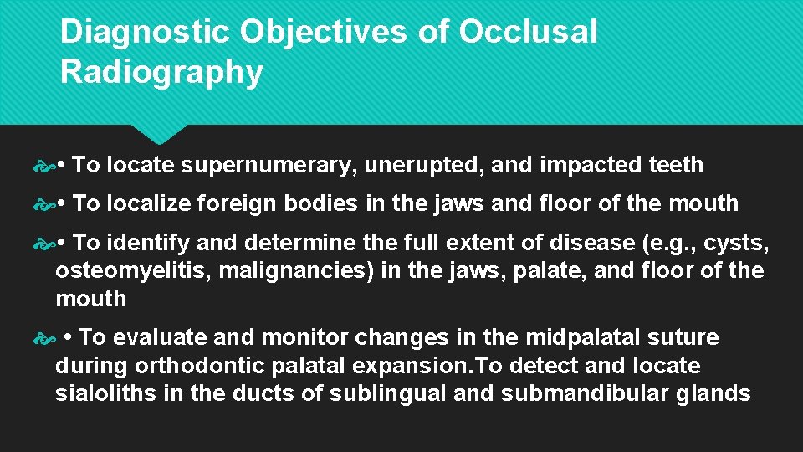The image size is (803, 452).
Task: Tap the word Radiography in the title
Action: pyautogui.click(x=161, y=73)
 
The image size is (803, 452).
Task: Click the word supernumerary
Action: pyautogui.click(x=271, y=166)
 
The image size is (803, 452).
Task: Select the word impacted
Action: pyautogui.click(x=591, y=166)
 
